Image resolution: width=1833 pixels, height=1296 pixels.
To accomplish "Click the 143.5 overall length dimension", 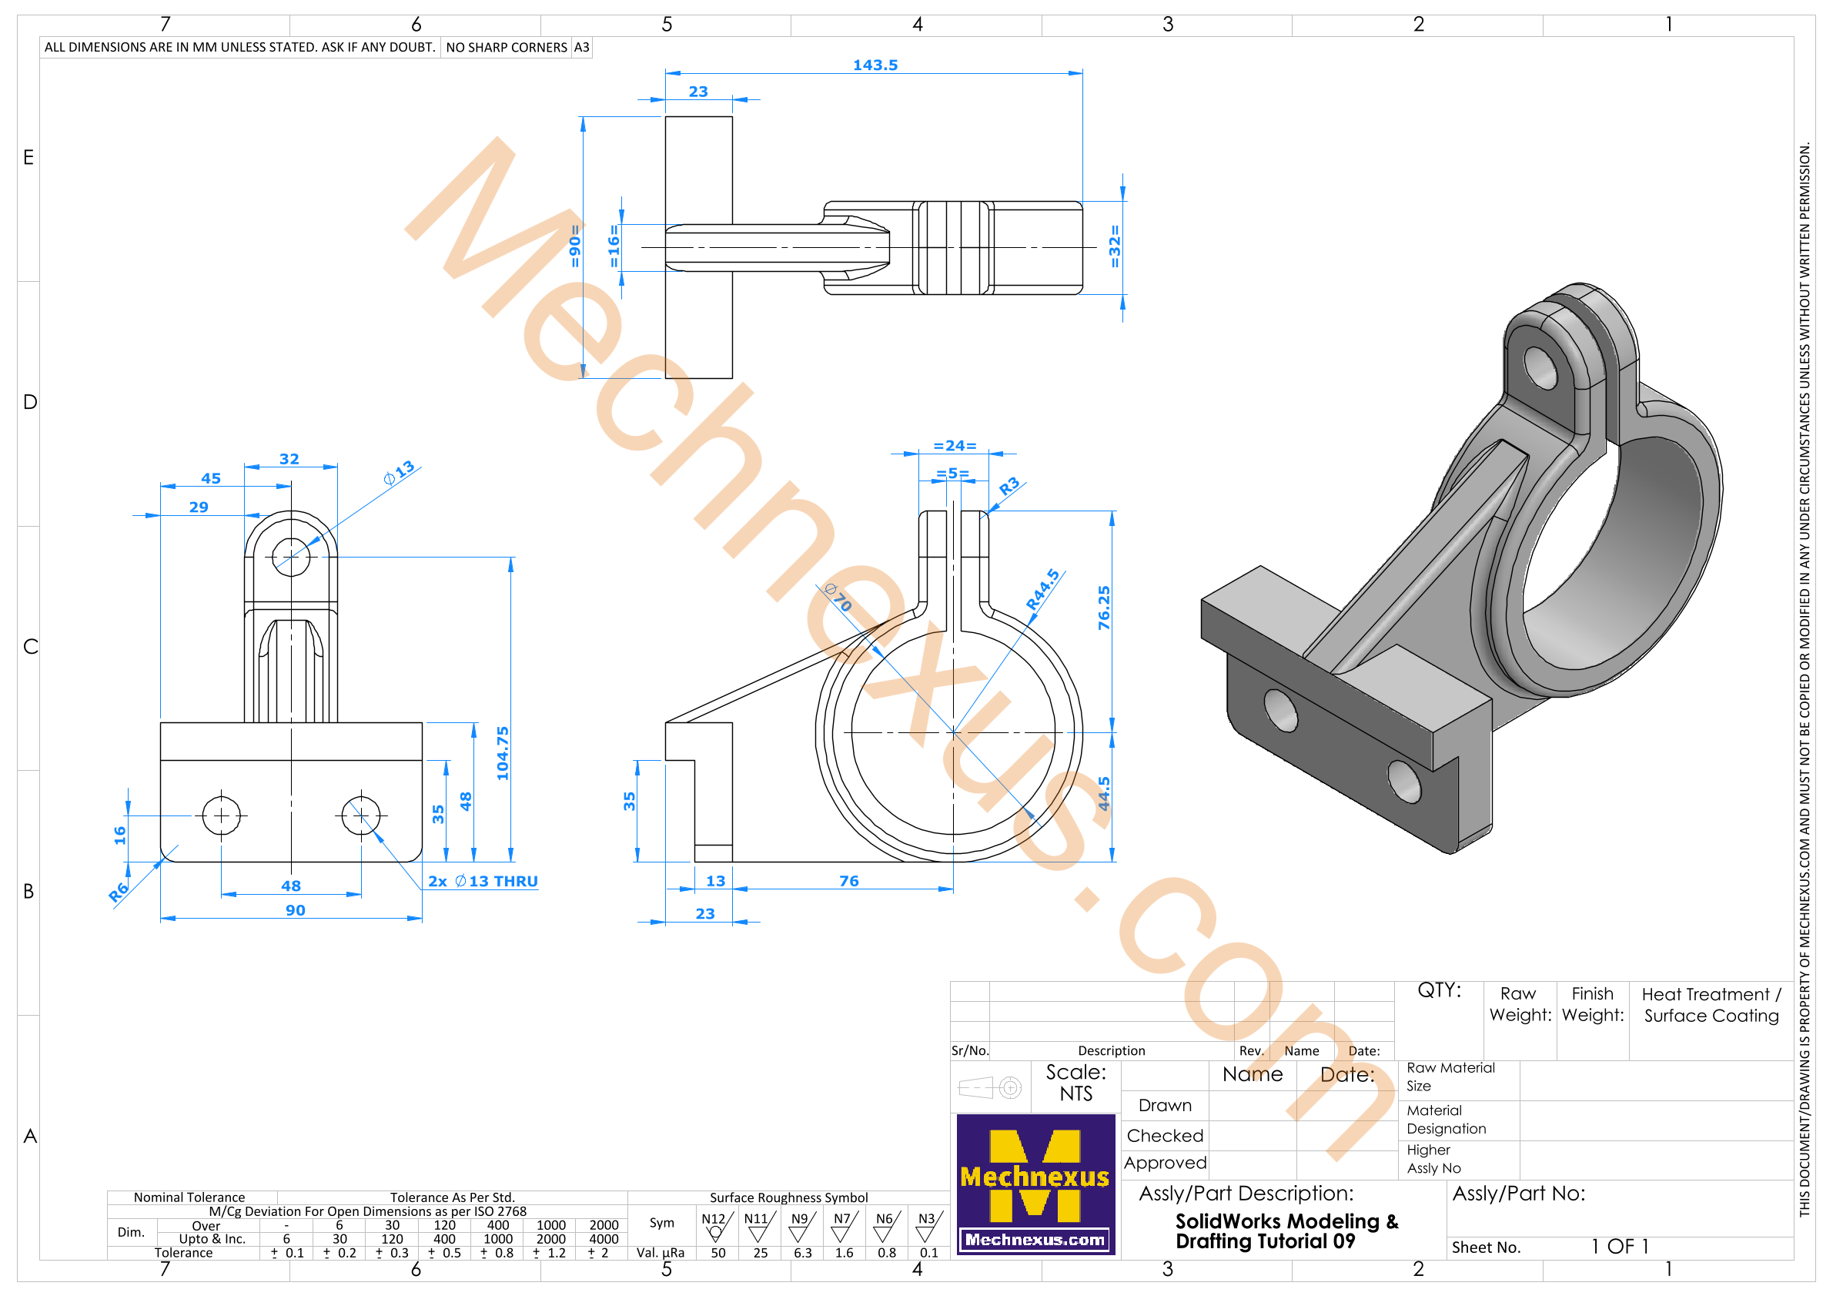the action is [x=875, y=65].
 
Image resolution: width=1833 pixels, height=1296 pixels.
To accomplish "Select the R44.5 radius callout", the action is [x=1042, y=590].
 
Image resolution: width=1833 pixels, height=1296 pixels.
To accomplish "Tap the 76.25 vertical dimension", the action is [x=1104, y=608].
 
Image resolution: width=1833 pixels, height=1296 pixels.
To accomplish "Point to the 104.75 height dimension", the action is [x=502, y=753].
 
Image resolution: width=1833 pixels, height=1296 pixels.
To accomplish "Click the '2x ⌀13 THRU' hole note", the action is [x=483, y=881].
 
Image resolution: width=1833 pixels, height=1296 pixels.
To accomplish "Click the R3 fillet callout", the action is [x=1009, y=485].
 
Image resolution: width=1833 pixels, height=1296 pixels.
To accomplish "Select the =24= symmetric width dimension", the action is [x=955, y=446].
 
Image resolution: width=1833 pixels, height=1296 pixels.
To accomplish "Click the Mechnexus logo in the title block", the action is [x=1035, y=1184].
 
